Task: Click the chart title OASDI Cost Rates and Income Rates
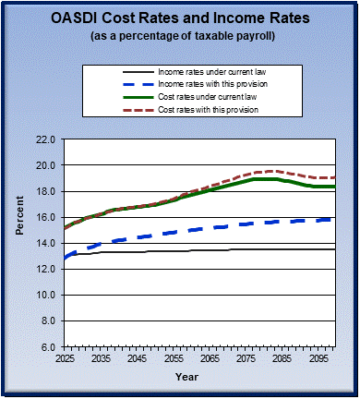[x=180, y=19]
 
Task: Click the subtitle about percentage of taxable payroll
[x=180, y=36]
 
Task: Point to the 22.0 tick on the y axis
[x=47, y=139]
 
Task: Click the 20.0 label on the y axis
[x=47, y=165]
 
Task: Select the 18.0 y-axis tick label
[x=47, y=191]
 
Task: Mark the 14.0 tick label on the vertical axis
[x=47, y=243]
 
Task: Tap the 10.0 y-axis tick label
[x=47, y=295]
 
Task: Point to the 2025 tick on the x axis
[x=65, y=357]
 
